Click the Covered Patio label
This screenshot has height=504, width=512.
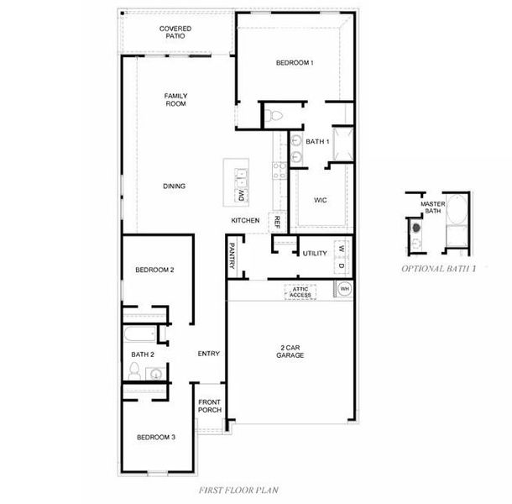175,33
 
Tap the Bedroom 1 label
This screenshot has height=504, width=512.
295,63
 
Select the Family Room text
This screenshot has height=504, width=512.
175,100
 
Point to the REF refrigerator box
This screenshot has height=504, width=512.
277,223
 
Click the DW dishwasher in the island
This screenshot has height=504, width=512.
241,196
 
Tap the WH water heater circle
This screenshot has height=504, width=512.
344,289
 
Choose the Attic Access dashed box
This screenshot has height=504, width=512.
300,291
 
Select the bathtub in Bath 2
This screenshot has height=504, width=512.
140,334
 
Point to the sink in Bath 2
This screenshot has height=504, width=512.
156,374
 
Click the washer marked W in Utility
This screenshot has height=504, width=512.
342,249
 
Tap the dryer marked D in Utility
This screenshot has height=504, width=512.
342,265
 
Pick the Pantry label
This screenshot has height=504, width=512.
232,256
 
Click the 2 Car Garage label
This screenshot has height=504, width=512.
290,351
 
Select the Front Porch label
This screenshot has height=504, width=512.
210,406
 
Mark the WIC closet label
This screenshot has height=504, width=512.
320,200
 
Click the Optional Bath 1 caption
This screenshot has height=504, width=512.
438,269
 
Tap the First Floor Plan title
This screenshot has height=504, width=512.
238,491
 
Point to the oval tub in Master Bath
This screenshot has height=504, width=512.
457,209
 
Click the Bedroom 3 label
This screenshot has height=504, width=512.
156,438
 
